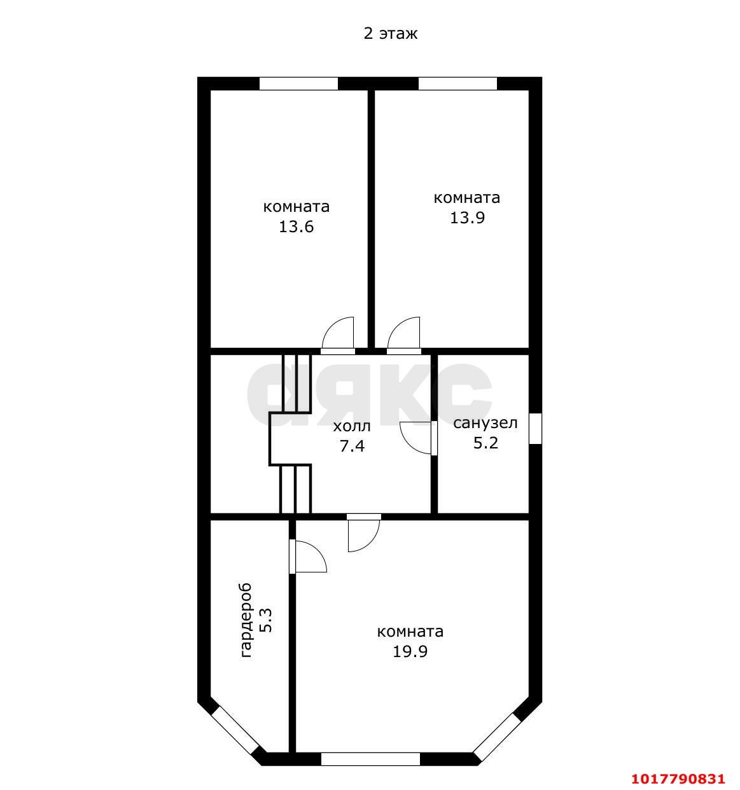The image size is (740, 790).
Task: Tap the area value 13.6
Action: point(296,226)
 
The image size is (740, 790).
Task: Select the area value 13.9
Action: point(467,218)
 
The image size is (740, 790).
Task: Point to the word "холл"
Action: point(351,426)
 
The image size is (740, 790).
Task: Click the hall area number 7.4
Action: point(352,446)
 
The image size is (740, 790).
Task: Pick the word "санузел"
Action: point(485,423)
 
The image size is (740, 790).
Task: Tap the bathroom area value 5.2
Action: point(485,442)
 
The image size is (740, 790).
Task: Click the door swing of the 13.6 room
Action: point(338,333)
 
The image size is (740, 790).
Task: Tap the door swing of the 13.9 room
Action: point(403,333)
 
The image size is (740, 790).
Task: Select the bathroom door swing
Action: point(415,438)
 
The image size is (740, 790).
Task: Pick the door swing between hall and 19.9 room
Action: point(364,536)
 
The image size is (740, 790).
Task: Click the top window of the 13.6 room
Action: point(298,83)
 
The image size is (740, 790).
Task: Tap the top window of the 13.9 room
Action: point(457,83)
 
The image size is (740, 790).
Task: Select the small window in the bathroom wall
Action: point(535,428)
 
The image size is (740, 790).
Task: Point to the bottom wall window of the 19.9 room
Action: point(370,759)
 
